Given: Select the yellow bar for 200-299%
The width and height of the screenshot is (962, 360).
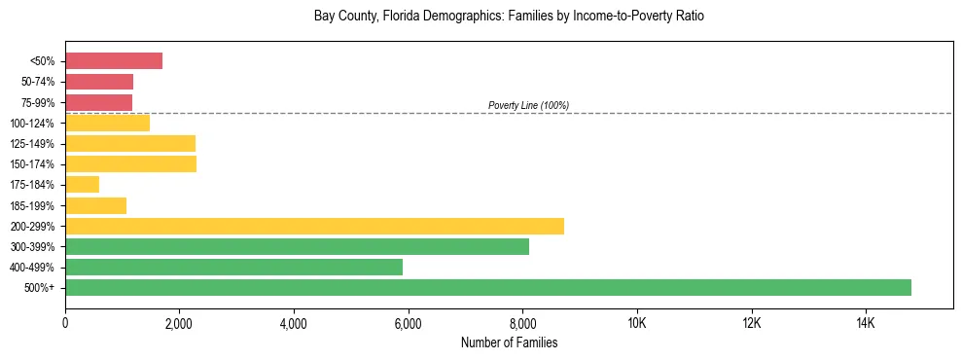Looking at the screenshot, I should coord(314,226).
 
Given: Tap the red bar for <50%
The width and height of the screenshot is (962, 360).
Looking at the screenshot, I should coord(114,61).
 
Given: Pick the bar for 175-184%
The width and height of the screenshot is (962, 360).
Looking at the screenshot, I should coord(82,184).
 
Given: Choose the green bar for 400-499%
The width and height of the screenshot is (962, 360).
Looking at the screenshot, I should coord(233,267).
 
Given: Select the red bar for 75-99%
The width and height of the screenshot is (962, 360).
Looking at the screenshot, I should coord(98,102).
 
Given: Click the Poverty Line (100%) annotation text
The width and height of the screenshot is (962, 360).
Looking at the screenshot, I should coord(528,105).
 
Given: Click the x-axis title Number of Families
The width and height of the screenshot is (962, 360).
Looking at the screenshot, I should coord(509,342).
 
